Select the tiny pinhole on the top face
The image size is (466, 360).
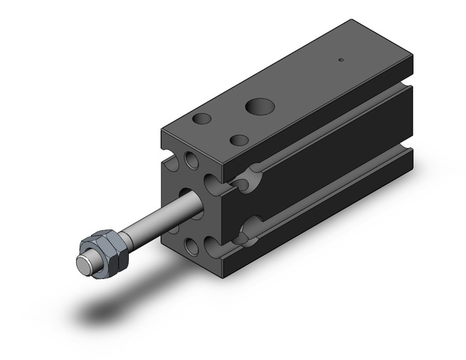(x=341, y=60)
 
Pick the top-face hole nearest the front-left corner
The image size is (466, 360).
(x=201, y=118)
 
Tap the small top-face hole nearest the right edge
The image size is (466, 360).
(x=239, y=140)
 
